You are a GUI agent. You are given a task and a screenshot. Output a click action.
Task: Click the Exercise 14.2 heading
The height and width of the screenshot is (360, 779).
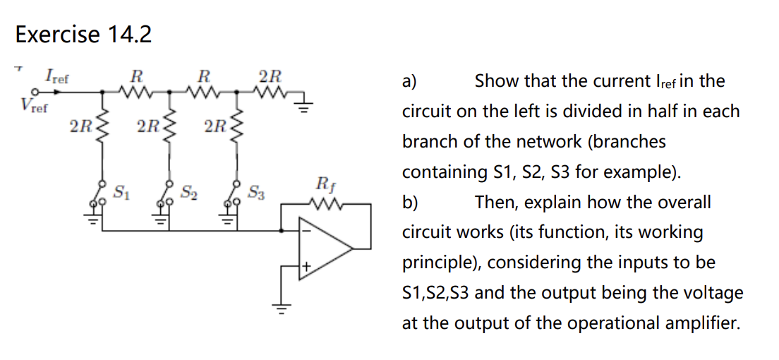click(83, 34)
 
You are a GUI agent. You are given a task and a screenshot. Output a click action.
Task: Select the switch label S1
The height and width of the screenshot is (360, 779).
click(121, 191)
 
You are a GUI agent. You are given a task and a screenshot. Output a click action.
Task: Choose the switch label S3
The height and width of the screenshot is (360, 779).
click(256, 191)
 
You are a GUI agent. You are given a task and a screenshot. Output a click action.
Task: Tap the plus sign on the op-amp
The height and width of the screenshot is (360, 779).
click(306, 267)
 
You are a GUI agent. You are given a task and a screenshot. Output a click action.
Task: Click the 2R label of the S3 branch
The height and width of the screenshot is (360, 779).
click(215, 127)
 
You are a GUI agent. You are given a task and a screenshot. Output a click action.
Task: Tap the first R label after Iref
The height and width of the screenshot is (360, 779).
click(137, 75)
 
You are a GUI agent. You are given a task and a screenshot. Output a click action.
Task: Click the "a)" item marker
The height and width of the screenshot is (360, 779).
click(409, 81)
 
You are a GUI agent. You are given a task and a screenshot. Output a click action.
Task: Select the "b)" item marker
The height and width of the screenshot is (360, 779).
click(410, 203)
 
